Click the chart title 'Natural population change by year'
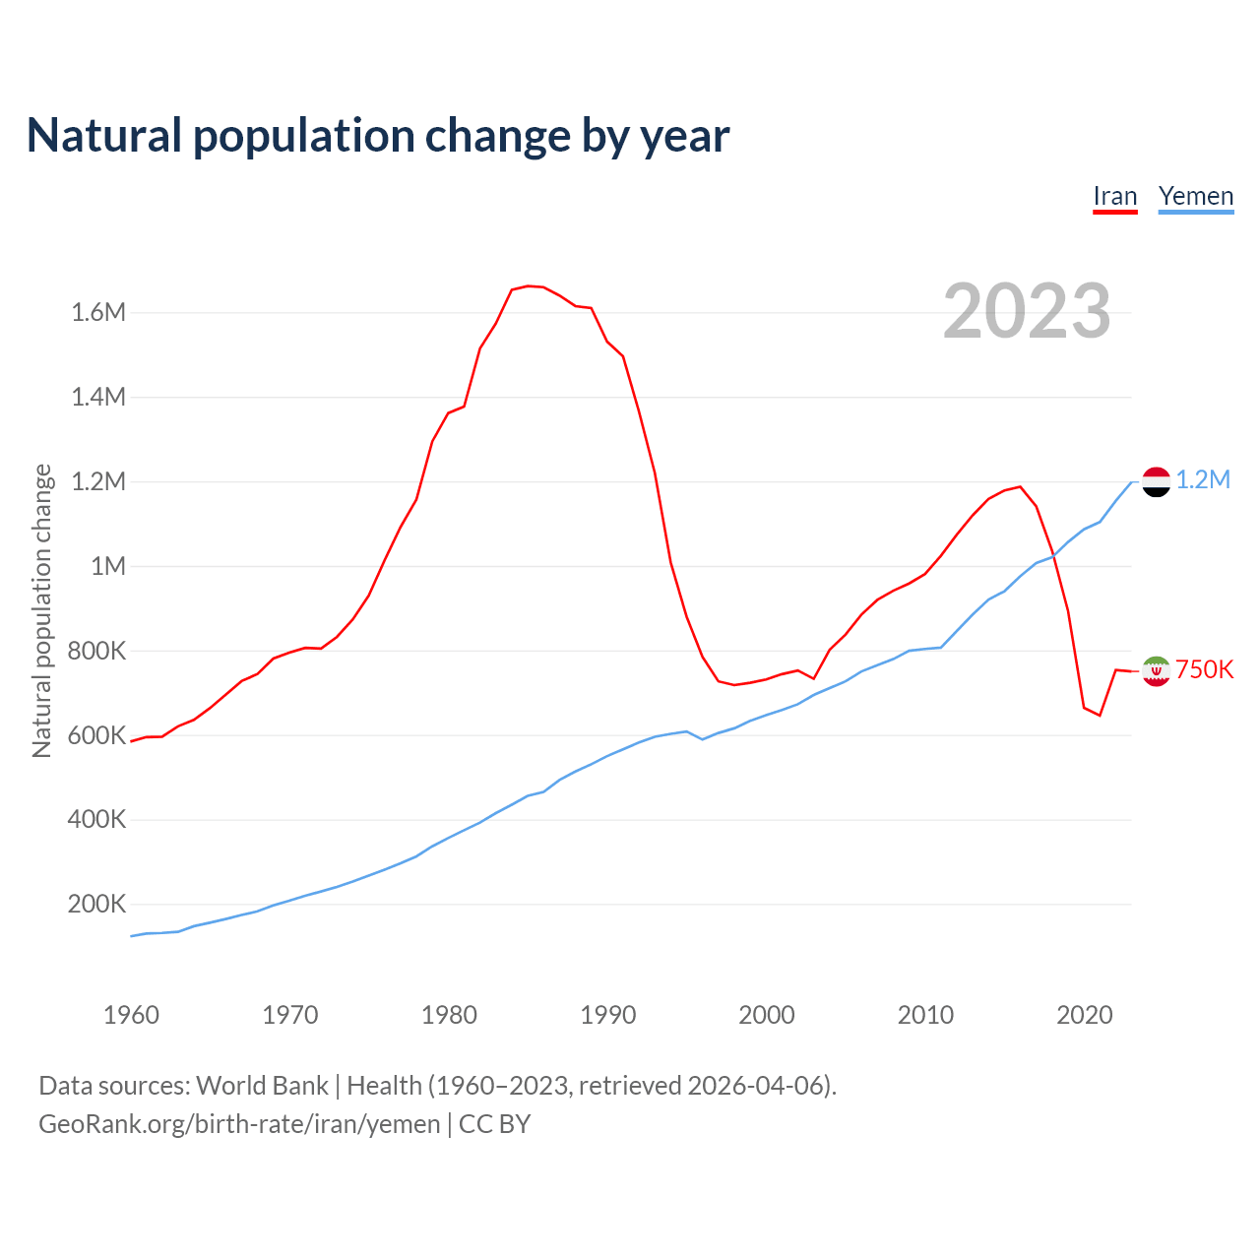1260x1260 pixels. click(378, 136)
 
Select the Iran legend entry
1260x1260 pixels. click(1114, 196)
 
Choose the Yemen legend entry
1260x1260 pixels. click(1195, 196)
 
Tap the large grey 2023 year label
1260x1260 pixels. click(1027, 311)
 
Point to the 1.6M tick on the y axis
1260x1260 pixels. click(98, 313)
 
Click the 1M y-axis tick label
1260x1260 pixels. click(108, 566)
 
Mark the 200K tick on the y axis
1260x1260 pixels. click(96, 904)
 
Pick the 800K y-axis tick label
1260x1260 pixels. click(96, 651)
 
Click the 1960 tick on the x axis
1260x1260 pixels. click(131, 1015)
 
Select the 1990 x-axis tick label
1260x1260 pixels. click(607, 1015)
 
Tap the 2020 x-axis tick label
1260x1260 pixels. click(1084, 1015)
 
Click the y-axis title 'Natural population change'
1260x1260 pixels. click(42, 610)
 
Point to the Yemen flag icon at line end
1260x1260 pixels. click(1156, 481)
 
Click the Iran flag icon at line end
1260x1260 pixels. click(1156, 671)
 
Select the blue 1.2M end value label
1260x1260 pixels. click(1203, 479)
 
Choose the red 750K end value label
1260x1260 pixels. click(1204, 669)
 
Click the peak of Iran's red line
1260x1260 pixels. click(529, 285)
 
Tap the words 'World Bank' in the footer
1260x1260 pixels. click(262, 1086)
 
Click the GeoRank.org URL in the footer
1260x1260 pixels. click(239, 1124)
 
